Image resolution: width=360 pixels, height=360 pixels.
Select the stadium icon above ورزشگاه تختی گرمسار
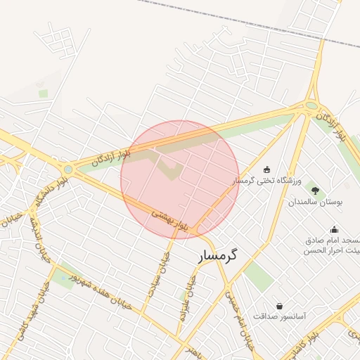pyautogui.click(x=266, y=169)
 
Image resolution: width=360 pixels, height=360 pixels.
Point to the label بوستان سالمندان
pyautogui.click(x=314, y=202)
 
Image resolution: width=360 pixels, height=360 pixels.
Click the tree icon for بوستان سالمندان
pyautogui.click(x=314, y=191)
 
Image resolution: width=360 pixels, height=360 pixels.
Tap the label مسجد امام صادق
pyautogui.click(x=333, y=240)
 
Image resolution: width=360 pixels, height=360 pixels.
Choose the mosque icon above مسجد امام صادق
pyautogui.click(x=333, y=229)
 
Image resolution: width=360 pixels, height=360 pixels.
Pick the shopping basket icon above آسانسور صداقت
pyautogui.click(x=280, y=306)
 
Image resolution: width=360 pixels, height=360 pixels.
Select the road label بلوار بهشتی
pyautogui.click(x=171, y=220)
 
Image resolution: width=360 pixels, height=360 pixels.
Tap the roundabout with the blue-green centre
pyautogui.click(x=68, y=169)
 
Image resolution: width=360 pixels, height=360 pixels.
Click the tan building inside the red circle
pyautogui.click(x=169, y=169)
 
